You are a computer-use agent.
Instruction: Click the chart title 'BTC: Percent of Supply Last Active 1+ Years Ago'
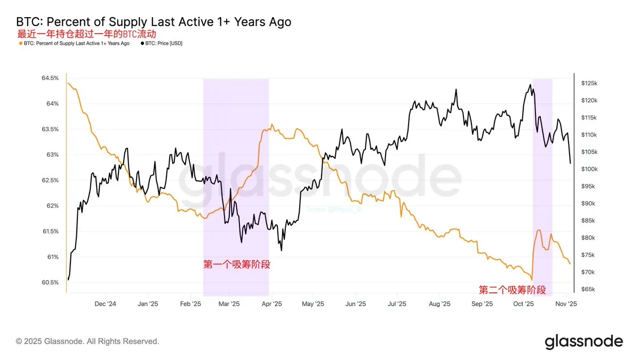tap(154, 22)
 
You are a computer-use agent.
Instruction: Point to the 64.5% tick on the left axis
tap(50, 78)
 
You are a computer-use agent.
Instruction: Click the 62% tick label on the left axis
tap(52, 206)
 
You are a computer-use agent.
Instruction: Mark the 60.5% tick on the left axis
tap(50, 282)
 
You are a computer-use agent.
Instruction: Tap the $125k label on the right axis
tap(590, 83)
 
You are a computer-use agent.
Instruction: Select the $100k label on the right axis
tap(590, 169)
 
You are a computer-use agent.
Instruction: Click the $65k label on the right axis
tap(589, 289)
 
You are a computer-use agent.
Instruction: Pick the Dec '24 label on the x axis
tap(105, 304)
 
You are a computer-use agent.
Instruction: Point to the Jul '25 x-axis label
tap(397, 304)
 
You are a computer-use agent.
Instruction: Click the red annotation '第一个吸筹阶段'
tap(236, 263)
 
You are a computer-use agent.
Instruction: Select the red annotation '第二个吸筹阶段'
tap(512, 290)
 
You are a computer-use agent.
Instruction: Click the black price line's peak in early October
tap(530, 84)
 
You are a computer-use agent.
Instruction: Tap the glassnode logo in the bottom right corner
tap(583, 341)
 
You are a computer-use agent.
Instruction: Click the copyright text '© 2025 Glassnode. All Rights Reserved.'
tap(87, 341)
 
